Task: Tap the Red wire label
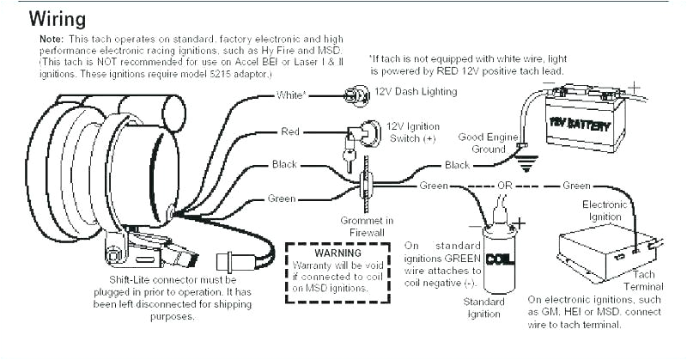290,131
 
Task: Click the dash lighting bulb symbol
350,95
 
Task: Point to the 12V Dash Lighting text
410,91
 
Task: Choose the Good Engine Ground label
488,143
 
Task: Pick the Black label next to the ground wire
457,164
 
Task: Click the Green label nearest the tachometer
282,198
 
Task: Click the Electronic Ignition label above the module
604,211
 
